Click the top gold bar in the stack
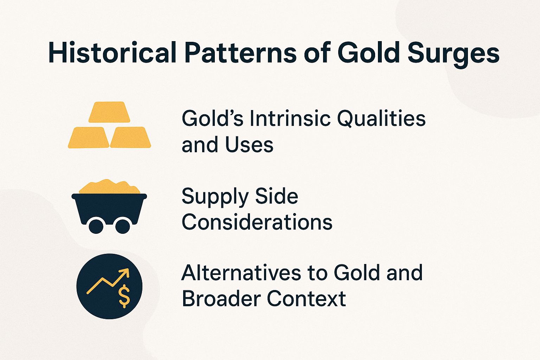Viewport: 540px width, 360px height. [x=109, y=112]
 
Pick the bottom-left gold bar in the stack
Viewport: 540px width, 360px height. [x=89, y=137]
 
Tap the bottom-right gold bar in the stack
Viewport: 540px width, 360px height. [x=130, y=137]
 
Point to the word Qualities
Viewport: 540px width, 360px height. [x=381, y=119]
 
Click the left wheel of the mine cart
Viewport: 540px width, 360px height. [x=96, y=226]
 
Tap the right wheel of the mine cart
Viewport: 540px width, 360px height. [x=122, y=226]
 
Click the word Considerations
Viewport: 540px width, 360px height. [x=257, y=222]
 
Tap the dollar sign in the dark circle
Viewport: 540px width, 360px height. [x=124, y=296]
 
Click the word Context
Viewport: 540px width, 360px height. [x=306, y=299]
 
